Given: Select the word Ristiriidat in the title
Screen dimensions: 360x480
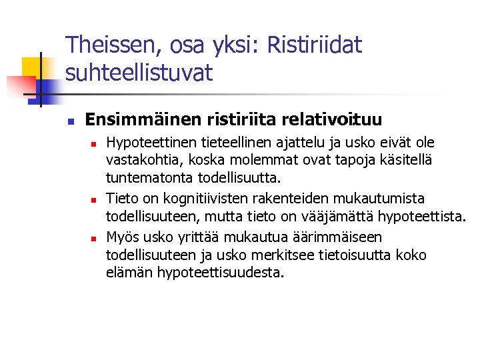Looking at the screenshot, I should [313, 45].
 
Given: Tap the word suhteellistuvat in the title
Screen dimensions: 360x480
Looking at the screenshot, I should [139, 72].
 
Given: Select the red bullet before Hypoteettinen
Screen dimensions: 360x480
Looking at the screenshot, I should [95, 143].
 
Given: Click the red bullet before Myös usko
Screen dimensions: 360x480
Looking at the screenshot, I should [95, 238].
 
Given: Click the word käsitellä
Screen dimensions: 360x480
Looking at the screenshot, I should [405, 160].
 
